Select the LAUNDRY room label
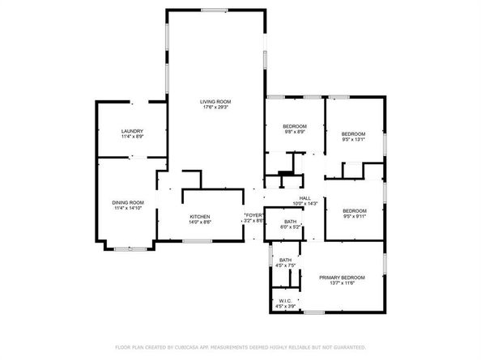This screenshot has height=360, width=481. [132, 131]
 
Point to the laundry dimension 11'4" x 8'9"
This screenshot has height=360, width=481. [132, 137]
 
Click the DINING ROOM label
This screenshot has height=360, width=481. [128, 202]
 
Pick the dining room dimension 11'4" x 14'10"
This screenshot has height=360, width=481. [128, 208]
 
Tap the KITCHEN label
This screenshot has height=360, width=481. [200, 216]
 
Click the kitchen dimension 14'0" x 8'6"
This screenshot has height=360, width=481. [200, 222]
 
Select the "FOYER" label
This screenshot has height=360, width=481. [254, 215]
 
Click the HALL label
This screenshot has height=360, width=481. [305, 198]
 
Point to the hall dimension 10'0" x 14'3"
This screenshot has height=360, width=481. [305, 204]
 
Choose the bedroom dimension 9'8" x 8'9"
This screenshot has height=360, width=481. [294, 132]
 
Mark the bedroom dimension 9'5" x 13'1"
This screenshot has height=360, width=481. [353, 139]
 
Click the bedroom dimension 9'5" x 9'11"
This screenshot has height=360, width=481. [353, 215]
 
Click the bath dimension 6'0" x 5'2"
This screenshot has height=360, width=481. [290, 227]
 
